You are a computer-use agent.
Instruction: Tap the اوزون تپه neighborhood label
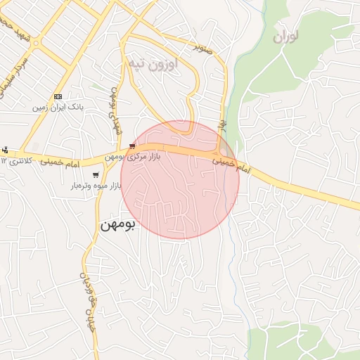(x=153, y=63)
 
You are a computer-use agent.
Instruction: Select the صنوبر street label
(x=203, y=49)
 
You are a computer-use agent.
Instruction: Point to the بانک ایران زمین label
(x=58, y=108)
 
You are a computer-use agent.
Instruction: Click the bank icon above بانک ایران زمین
(x=58, y=97)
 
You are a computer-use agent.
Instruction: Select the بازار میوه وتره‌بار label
(x=96, y=186)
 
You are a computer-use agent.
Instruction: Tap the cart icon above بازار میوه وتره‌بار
(x=96, y=175)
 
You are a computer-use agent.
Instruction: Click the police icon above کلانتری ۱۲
(x=6, y=150)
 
